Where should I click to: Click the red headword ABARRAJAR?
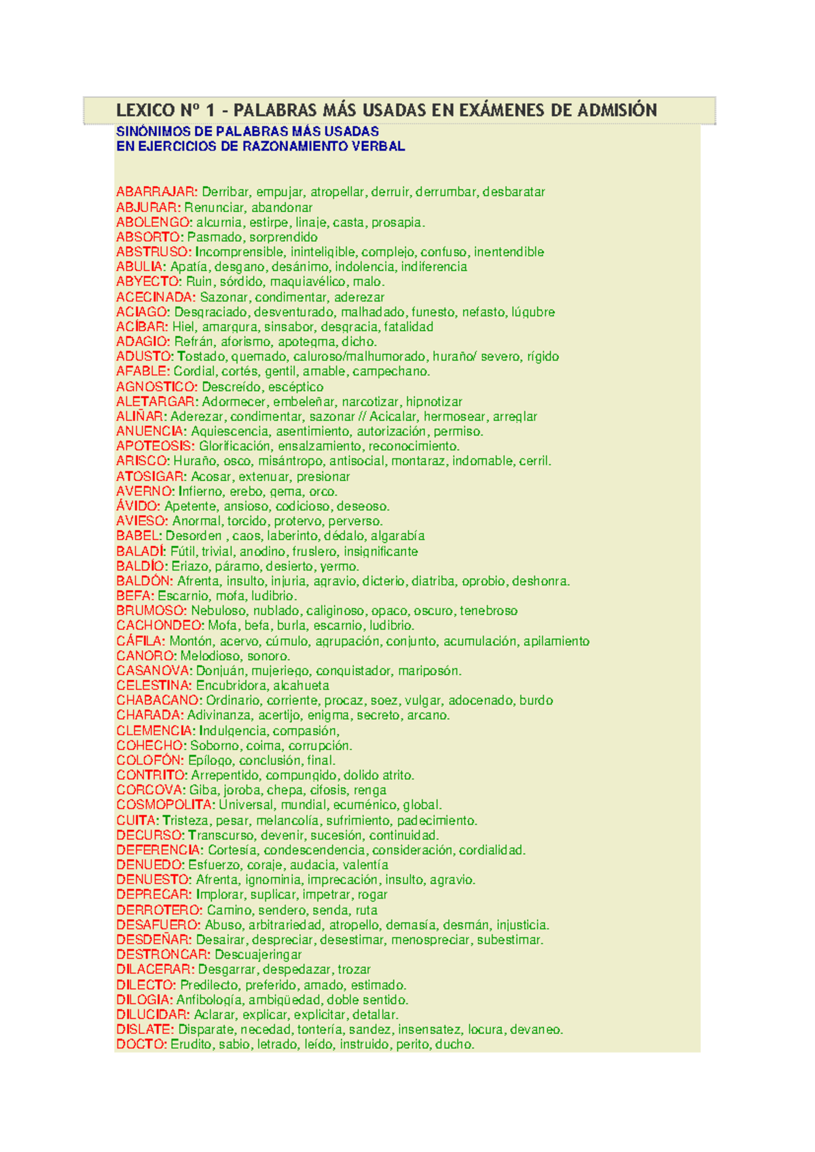(156, 192)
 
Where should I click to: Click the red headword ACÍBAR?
(141, 327)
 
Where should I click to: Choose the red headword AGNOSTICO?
(156, 387)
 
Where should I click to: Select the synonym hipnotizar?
(434, 402)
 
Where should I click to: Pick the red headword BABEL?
(139, 536)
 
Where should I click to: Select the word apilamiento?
(556, 641)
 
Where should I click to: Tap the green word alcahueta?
(301, 686)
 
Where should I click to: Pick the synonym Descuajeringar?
(258, 954)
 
